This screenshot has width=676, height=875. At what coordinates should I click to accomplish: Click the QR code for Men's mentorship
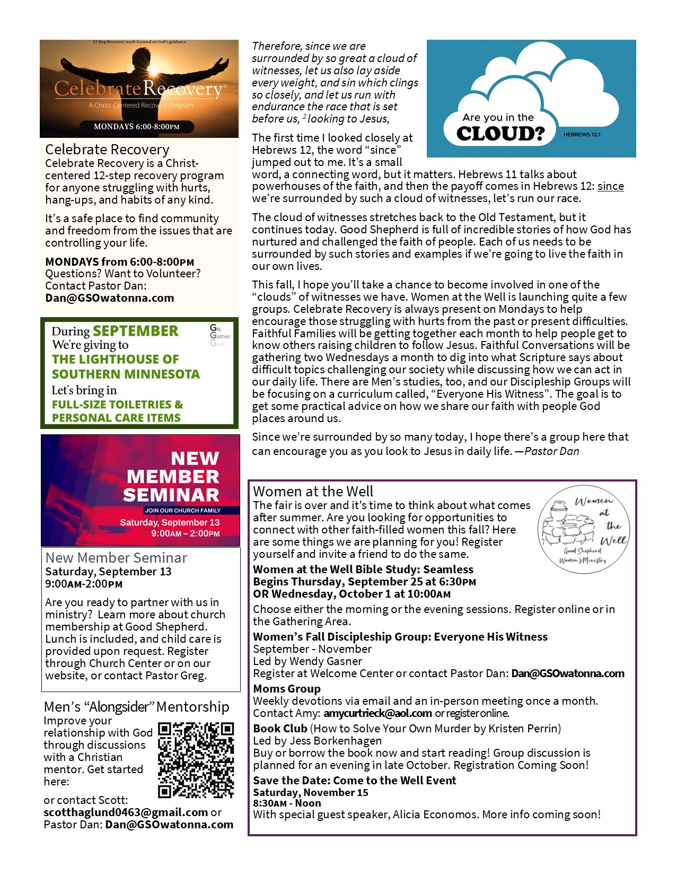pos(196,759)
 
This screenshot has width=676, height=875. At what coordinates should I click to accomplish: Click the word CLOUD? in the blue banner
pos(501,134)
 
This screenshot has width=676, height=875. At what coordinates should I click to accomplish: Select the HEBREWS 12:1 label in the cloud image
pos(582,135)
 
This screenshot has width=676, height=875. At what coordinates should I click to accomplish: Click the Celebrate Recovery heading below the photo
pos(107,150)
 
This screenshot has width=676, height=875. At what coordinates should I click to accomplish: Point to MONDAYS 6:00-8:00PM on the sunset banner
pos(136,127)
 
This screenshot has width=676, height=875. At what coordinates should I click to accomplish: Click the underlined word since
pos(610,186)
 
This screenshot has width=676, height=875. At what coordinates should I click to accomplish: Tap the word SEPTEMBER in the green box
pos(136,331)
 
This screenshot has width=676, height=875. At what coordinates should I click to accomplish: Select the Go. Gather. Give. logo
pos(220,336)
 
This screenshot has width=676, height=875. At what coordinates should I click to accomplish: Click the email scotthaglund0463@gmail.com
pos(126,812)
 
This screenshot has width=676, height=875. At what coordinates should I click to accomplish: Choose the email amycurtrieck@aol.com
pos(377,713)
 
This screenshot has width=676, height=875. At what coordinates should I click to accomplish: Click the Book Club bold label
pos(280,729)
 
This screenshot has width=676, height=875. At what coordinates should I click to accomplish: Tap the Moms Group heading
pos(287,689)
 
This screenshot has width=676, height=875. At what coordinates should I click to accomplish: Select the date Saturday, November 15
pos(310,793)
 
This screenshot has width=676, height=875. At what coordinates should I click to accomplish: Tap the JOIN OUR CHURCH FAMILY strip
pos(182,510)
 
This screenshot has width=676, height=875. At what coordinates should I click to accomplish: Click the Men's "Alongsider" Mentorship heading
pos(137,707)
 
